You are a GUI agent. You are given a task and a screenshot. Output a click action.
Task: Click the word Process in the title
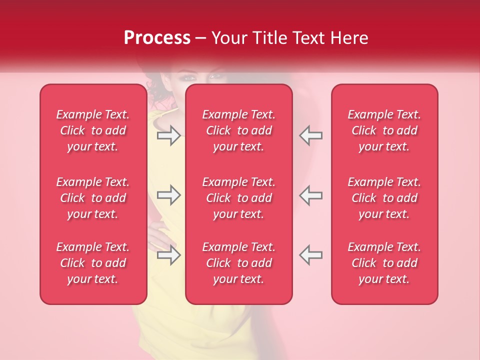[157, 37]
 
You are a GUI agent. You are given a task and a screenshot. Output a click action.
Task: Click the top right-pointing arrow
[168, 135]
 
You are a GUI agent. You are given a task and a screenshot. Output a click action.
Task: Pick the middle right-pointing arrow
[168, 195]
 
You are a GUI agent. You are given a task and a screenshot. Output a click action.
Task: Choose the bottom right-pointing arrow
[168, 255]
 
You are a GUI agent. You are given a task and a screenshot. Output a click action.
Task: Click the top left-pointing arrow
[310, 135]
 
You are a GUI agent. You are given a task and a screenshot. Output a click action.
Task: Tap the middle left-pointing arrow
[310, 195]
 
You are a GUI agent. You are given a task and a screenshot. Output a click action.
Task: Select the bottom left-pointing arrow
[310, 255]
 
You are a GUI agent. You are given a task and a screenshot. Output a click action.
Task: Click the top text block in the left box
[93, 130]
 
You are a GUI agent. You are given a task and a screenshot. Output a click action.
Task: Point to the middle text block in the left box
[93, 198]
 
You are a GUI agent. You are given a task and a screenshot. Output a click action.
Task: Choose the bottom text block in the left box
[93, 263]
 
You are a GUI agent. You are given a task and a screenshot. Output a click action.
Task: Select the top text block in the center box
[239, 130]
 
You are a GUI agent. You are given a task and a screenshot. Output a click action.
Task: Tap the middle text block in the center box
[239, 198]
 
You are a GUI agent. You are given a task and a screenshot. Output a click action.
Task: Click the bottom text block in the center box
[239, 263]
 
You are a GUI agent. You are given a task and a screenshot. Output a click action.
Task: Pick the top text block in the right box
[384, 130]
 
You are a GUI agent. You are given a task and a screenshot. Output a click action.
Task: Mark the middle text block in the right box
[384, 198]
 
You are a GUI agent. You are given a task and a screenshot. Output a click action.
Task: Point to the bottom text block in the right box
[384, 263]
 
